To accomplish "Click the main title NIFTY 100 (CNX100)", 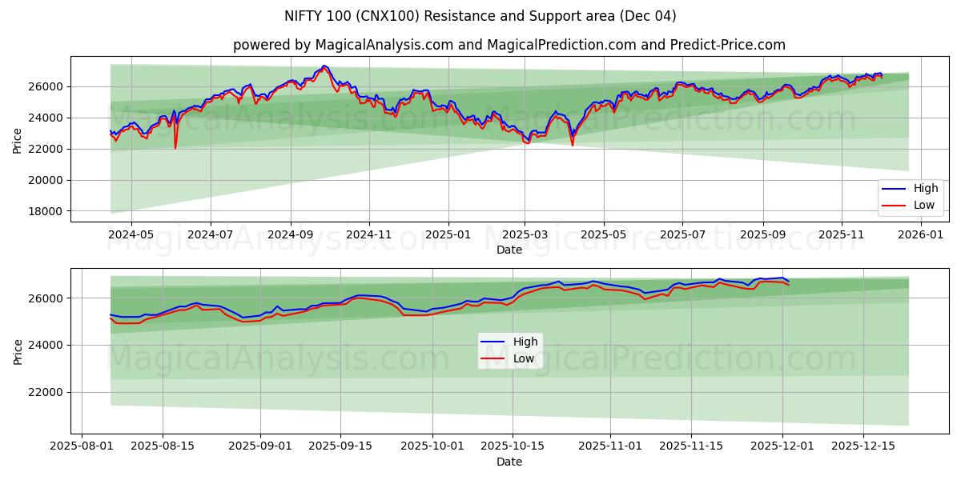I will [480, 16].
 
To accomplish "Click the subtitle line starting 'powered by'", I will [509, 45].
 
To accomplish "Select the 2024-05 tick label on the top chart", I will [131, 235].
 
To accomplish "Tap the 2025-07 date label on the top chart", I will [682, 235].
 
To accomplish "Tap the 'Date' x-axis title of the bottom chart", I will [509, 462].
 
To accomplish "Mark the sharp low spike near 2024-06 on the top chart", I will [175, 147].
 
